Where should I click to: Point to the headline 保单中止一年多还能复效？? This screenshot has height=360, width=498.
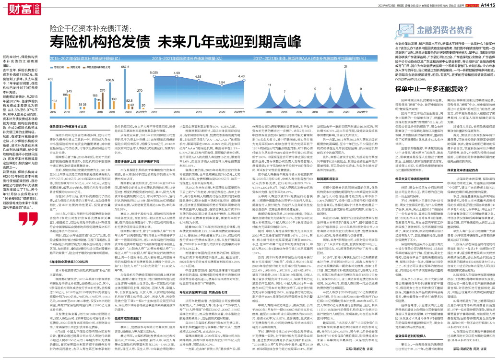click(418, 89)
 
